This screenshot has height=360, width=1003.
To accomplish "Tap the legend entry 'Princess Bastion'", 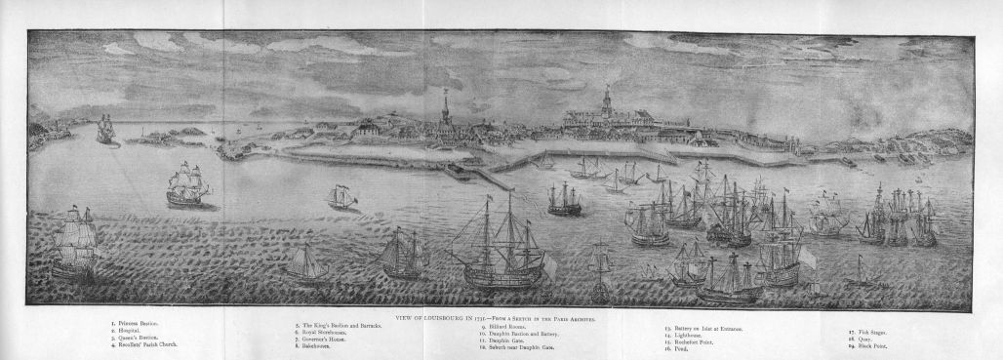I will point(137,323).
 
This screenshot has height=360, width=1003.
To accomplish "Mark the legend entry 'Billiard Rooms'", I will point(508,326).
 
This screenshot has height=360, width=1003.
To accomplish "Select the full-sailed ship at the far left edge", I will point(75,244).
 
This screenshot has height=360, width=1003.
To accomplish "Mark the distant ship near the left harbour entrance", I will point(105,130).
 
